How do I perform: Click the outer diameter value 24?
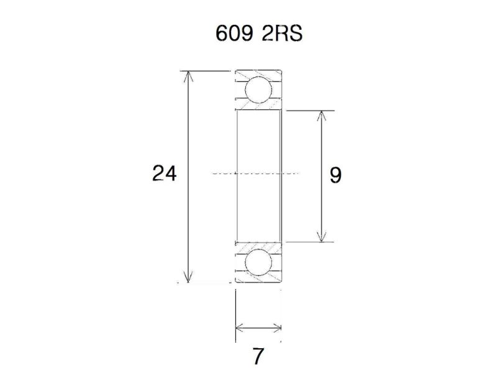[165, 173]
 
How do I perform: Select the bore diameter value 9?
[335, 176]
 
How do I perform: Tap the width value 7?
[258, 356]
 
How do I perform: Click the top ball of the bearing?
[258, 90]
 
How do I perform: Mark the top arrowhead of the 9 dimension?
[321, 115]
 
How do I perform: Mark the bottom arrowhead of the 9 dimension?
[321, 237]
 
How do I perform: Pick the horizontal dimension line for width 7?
[258, 328]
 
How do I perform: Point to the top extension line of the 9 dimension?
[311, 111]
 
